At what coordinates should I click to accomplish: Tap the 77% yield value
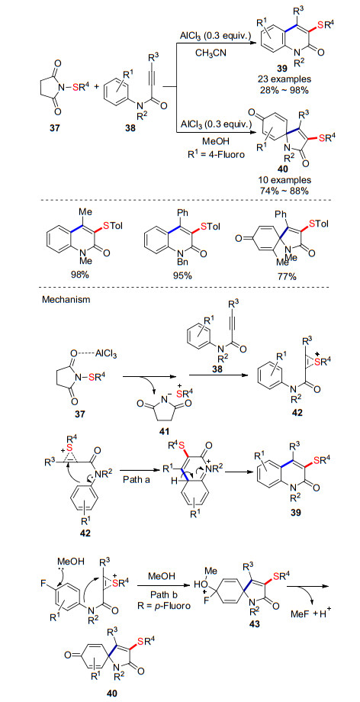287,275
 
